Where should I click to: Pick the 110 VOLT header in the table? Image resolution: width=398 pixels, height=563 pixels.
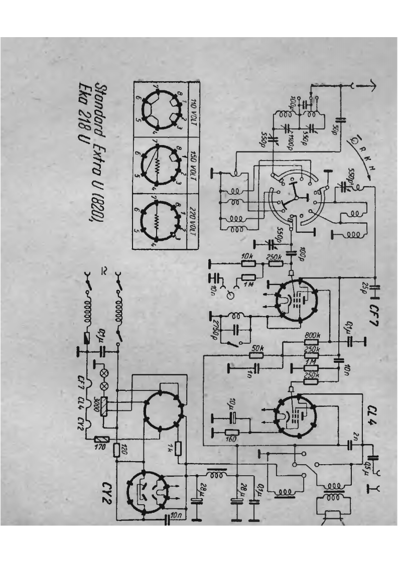193,107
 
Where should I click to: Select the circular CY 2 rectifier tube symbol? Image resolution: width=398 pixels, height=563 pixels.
146,494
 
